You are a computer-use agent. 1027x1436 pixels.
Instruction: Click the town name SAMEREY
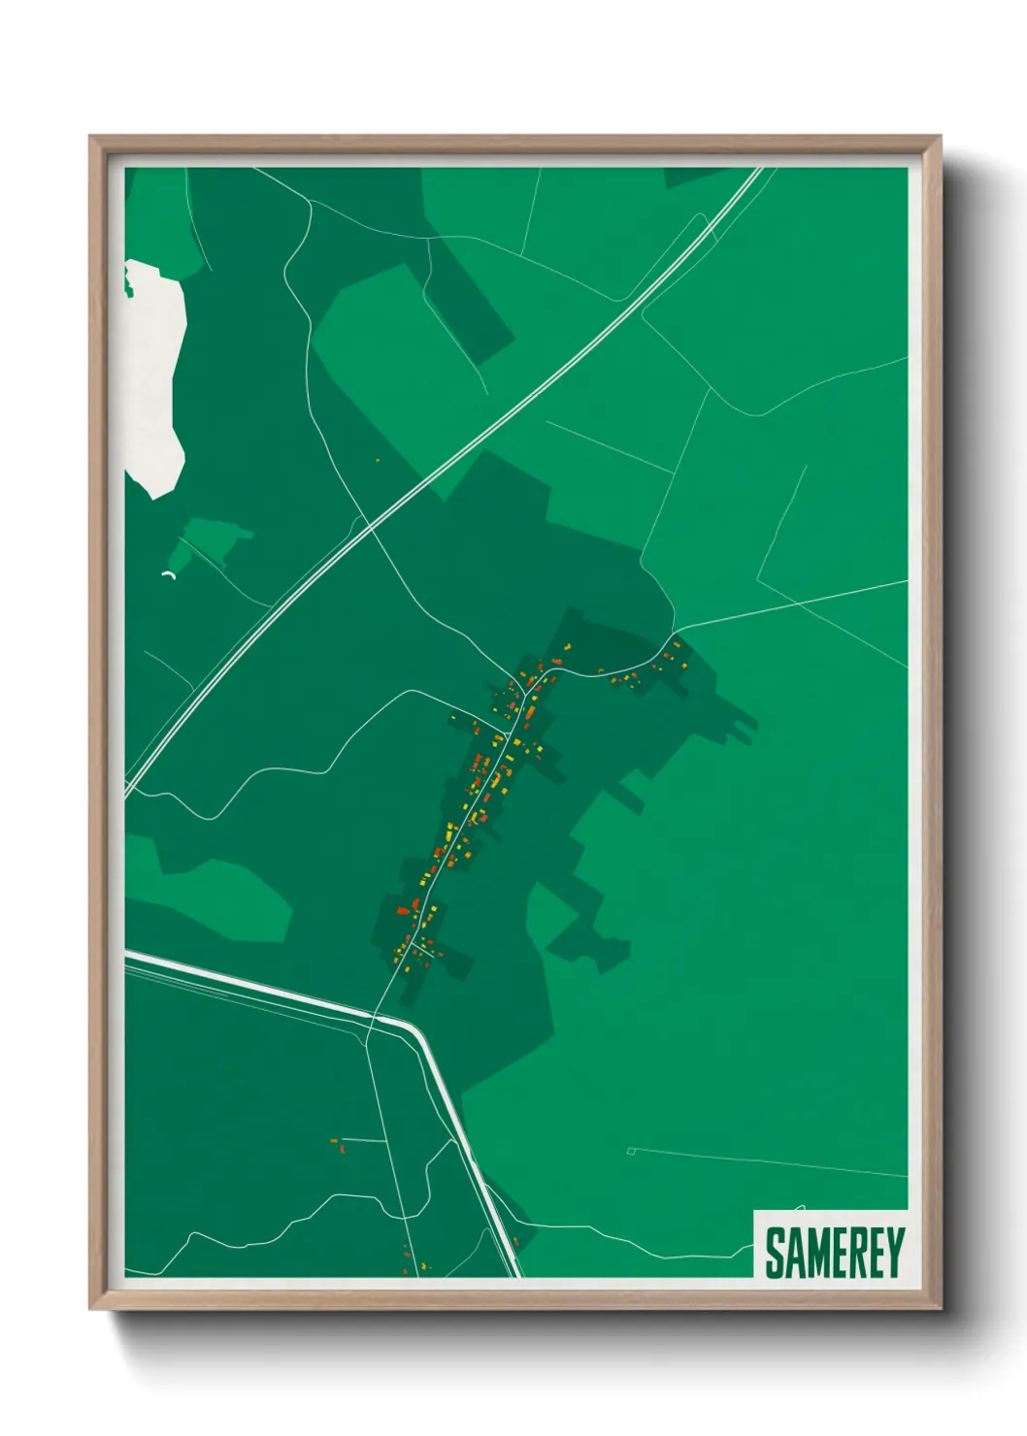[x=834, y=1252]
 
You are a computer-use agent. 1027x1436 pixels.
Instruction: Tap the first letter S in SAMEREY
[x=776, y=1252]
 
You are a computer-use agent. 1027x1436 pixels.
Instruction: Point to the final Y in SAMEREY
[x=894, y=1252]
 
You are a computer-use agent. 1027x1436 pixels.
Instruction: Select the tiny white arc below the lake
[x=168, y=575]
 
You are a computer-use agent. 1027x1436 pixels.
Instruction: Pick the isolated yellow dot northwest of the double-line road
[x=377, y=461]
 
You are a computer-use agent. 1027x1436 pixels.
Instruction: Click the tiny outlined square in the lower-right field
[x=631, y=1152]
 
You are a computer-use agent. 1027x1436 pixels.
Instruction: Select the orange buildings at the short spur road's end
[x=338, y=1145]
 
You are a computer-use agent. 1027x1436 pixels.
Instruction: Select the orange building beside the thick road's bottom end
[x=516, y=1241]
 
